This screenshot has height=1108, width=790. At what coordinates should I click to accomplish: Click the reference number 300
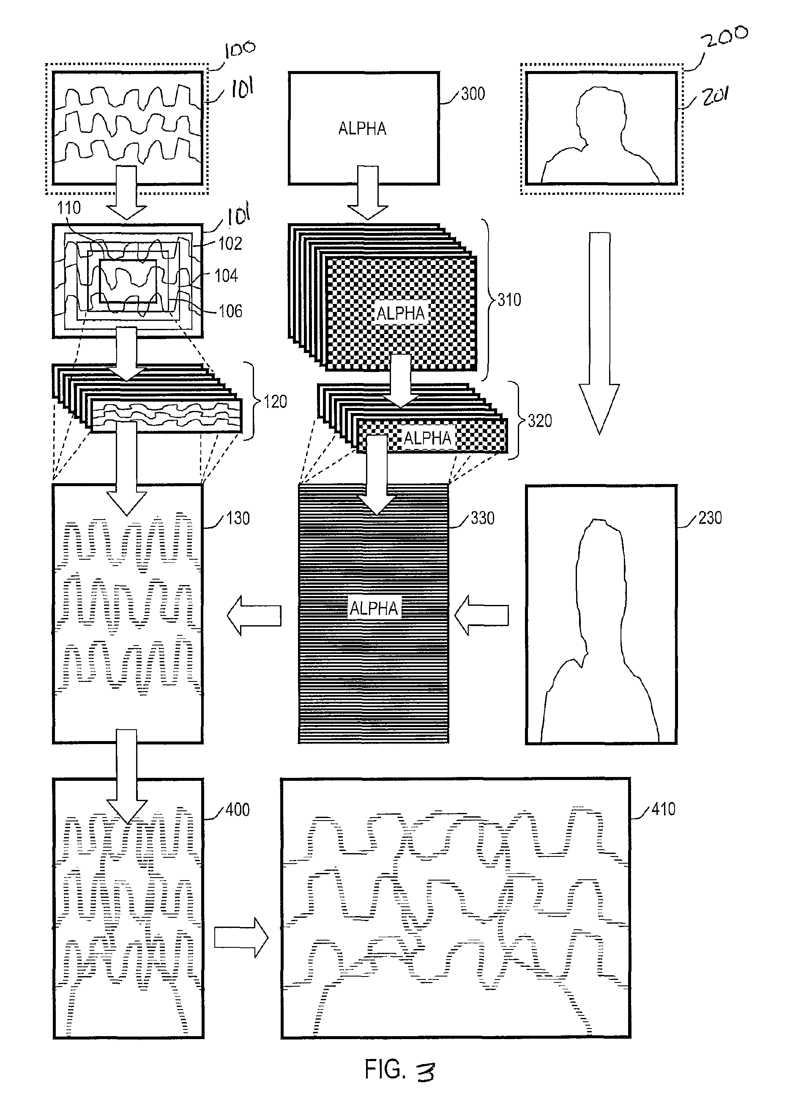tap(473, 93)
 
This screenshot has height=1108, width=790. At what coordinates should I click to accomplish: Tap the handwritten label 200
tap(727, 36)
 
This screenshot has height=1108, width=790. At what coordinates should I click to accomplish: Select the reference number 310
tap(509, 300)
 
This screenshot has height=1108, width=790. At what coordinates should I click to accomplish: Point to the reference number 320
tap(540, 420)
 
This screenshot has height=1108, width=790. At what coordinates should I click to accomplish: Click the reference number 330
tap(483, 518)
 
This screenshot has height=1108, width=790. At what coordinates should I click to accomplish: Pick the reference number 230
tap(710, 517)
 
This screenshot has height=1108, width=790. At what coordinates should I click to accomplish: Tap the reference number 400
tap(238, 810)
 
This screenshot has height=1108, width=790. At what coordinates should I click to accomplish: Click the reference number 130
tap(238, 518)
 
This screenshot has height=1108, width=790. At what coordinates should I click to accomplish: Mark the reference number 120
tap(275, 401)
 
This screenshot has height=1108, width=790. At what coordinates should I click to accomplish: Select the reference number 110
tap(68, 208)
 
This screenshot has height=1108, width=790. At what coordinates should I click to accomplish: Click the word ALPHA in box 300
tap(362, 129)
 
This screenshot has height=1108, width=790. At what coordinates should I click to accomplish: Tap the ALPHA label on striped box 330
tap(374, 608)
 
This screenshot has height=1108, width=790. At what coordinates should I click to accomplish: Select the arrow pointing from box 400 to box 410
tap(241, 938)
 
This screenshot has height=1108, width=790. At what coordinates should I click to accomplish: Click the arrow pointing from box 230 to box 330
tap(481, 616)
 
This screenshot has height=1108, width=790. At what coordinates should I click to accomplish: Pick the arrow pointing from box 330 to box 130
tap(254, 616)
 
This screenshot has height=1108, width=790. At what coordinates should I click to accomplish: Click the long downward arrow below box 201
tap(599, 333)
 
